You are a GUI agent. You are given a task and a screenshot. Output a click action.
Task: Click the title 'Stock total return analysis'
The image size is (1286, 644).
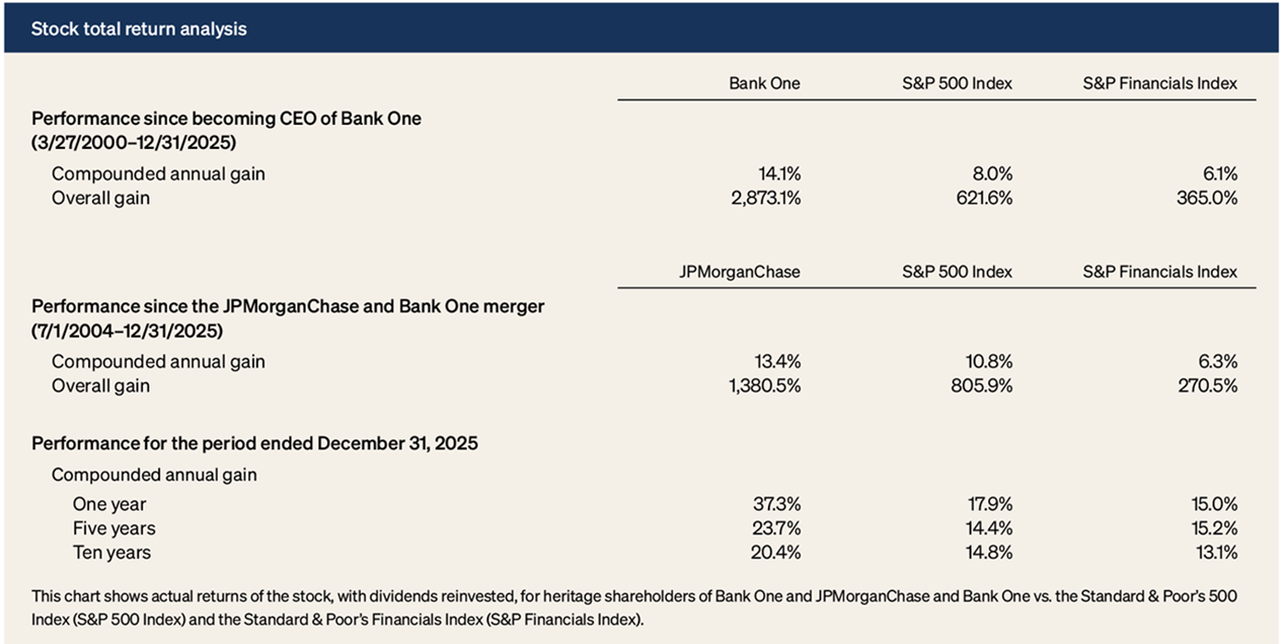click(139, 28)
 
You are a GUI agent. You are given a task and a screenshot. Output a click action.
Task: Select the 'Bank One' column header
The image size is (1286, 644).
click(764, 84)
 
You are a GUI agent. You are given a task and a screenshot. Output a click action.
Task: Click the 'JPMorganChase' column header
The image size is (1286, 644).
click(739, 272)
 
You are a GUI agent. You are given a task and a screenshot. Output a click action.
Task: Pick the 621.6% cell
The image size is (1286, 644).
click(979, 198)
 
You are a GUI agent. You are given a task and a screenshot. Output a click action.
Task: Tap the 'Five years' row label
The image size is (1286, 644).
click(114, 528)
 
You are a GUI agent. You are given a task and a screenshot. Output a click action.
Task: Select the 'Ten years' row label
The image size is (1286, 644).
click(111, 552)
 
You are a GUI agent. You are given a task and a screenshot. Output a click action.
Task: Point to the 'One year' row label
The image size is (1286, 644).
click(109, 504)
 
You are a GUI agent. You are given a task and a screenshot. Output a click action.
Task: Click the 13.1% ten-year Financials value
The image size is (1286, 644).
click(1213, 552)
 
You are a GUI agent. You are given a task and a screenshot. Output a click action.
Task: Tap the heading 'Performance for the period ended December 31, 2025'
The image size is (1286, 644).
click(254, 443)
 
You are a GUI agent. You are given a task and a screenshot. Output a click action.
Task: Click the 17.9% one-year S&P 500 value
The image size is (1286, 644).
click(987, 504)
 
